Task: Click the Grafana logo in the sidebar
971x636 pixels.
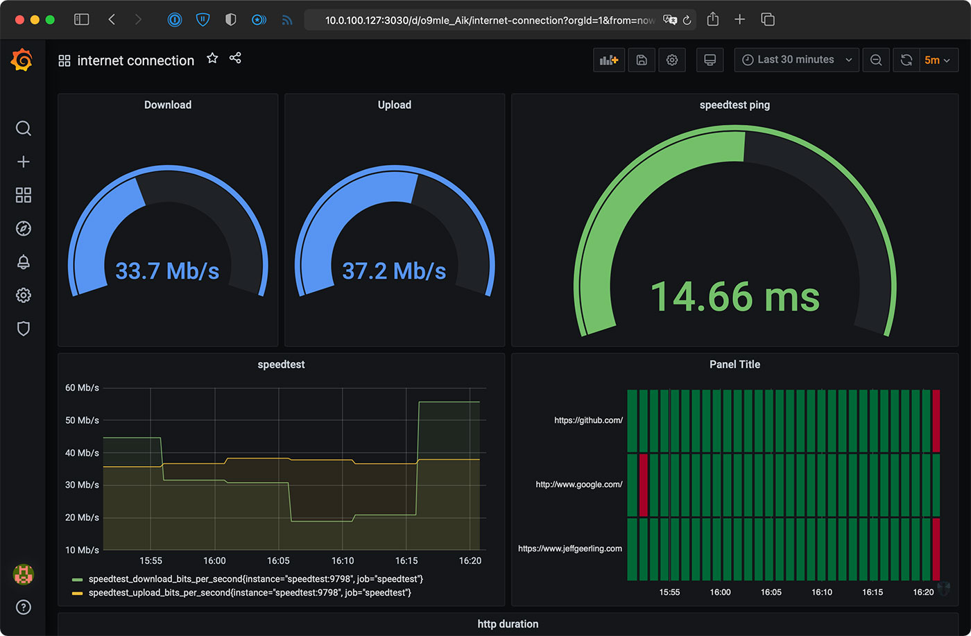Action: (x=22, y=60)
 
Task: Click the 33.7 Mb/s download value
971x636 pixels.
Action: (x=167, y=270)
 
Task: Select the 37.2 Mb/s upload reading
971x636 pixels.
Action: (x=394, y=270)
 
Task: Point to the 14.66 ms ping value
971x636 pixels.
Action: (x=734, y=297)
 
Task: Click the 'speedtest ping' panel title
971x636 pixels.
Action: (x=734, y=105)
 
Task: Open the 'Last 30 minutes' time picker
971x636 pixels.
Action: (x=796, y=60)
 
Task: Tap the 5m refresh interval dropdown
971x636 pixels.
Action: (x=938, y=60)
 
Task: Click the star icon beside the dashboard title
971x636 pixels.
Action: (x=212, y=58)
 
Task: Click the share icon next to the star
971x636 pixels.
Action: (x=235, y=58)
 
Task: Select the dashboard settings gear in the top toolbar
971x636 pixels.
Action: (x=671, y=60)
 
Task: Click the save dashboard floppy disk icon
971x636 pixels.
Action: (x=642, y=60)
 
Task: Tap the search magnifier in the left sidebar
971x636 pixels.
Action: (x=23, y=128)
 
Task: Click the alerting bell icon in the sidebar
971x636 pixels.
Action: (x=23, y=261)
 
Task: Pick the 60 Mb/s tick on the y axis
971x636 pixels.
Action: (x=82, y=388)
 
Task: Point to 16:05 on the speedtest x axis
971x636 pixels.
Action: (x=278, y=560)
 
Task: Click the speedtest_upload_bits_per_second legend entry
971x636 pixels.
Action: (x=250, y=592)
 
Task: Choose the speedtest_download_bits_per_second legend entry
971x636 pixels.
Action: (x=255, y=578)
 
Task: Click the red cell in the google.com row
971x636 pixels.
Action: (x=643, y=485)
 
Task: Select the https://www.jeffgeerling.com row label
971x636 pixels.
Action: (x=569, y=549)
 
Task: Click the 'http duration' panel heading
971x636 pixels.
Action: (x=508, y=624)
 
